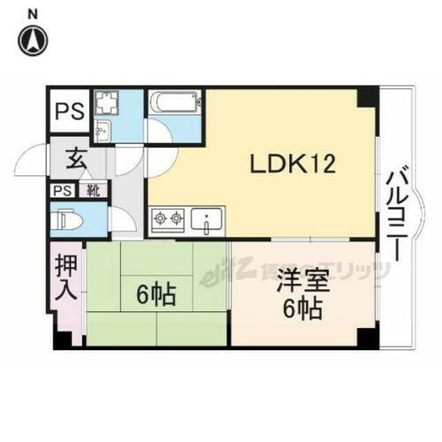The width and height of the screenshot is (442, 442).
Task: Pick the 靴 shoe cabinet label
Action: (x=92, y=190)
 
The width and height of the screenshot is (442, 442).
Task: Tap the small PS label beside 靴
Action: (x=62, y=190)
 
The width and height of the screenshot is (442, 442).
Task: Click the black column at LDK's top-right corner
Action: (x=365, y=95)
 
